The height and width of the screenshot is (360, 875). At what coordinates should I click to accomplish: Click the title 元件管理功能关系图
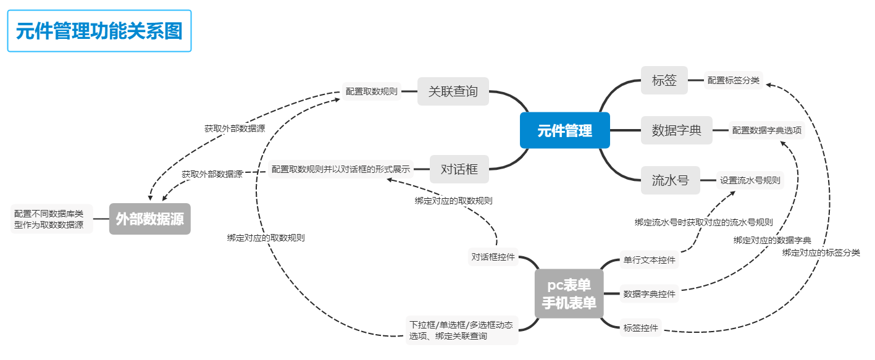99,31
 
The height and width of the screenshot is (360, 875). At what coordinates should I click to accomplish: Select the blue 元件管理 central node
564,130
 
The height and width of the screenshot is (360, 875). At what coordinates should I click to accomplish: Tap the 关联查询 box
453,91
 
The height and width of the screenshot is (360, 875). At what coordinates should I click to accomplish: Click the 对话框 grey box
459,169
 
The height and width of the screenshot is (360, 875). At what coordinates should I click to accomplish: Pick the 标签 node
664,80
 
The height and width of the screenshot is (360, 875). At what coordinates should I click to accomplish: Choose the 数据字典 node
676,130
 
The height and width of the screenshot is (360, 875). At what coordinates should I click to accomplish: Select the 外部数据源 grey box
150,219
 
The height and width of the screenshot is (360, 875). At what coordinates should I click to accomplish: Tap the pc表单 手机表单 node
569,294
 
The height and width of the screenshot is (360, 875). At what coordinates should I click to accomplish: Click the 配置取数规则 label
372,91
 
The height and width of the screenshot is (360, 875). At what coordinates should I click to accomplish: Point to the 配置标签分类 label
734,80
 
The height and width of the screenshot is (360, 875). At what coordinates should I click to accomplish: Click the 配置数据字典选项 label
767,130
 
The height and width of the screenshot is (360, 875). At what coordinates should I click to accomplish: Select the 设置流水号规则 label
750,181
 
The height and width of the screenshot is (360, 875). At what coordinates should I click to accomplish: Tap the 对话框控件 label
493,257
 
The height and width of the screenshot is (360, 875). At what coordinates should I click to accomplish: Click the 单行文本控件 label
649,261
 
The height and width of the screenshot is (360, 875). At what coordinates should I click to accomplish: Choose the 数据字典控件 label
649,294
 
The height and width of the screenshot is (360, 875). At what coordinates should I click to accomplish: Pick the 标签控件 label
641,328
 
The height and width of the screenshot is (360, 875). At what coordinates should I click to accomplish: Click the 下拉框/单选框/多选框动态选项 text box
461,330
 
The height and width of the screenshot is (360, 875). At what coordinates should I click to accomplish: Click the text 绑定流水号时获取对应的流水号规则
703,222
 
